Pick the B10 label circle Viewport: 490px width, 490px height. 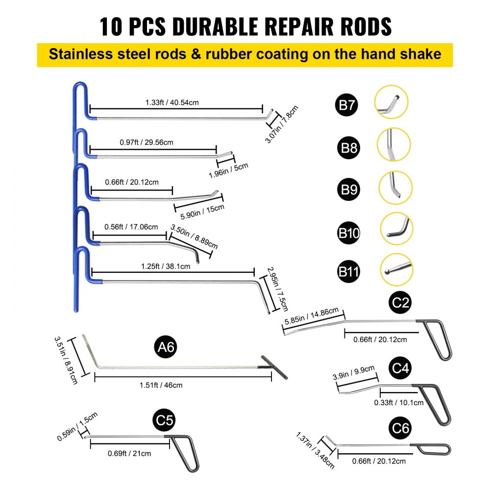[x=349, y=232]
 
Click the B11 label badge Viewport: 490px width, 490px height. [x=349, y=272]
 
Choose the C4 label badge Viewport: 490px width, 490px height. [x=401, y=368]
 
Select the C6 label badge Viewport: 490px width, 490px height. [x=401, y=428]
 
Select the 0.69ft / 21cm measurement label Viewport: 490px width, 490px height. [x=129, y=453]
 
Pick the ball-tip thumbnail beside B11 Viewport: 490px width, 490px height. [x=395, y=269]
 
